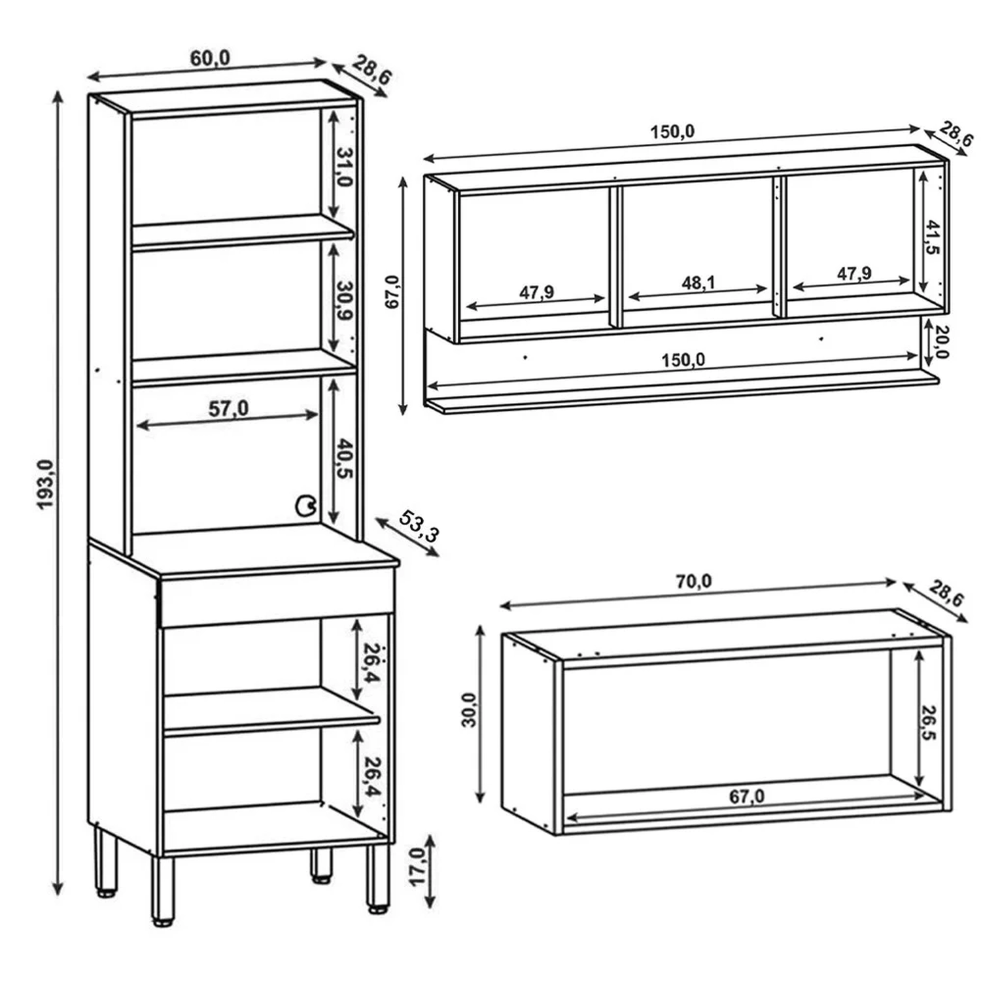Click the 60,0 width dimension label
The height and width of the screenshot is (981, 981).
(210, 58)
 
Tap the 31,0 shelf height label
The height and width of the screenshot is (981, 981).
(345, 167)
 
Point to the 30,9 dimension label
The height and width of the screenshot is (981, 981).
(345, 300)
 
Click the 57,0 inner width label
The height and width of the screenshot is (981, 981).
(228, 409)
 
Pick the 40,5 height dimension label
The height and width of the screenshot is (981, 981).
(345, 459)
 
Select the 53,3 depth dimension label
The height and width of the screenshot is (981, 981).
(419, 526)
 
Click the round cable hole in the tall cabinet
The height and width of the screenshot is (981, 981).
(305, 506)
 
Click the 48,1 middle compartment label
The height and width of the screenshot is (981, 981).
(698, 283)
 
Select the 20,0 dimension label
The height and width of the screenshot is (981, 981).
(942, 341)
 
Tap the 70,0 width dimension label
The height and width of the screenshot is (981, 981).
(693, 581)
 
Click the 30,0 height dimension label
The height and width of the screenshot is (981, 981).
(469, 710)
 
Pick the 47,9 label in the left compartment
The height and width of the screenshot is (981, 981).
(536, 292)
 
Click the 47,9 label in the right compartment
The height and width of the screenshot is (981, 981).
(854, 273)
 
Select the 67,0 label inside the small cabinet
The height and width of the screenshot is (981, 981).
(746, 797)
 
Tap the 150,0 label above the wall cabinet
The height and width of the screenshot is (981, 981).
(672, 131)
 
